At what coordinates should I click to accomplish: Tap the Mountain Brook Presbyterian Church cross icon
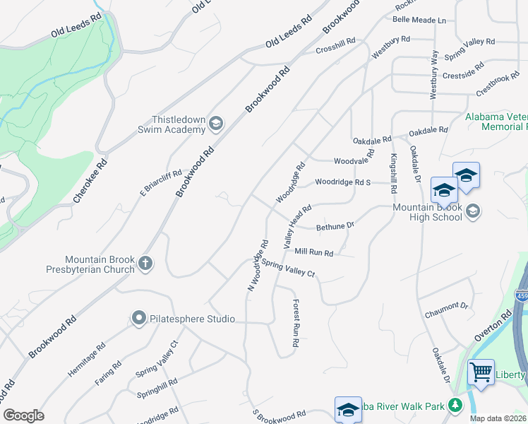pos(145,264)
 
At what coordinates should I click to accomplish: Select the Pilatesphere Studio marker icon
pos(138,319)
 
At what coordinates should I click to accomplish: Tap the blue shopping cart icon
pos(481,370)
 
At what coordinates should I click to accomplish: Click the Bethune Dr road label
pos(335,226)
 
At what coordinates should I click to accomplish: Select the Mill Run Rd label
pos(313,251)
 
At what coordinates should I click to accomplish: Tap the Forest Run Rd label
pos(296,322)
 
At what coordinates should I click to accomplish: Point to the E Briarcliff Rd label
pos(161,182)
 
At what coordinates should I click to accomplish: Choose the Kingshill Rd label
pos(393,172)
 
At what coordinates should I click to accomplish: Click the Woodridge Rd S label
pos(343,182)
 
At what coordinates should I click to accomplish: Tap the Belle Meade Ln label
pos(420,20)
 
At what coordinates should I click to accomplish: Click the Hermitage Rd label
pos(91,358)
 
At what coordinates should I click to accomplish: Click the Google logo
pos(23,416)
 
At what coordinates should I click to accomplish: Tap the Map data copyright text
pos(498,418)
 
